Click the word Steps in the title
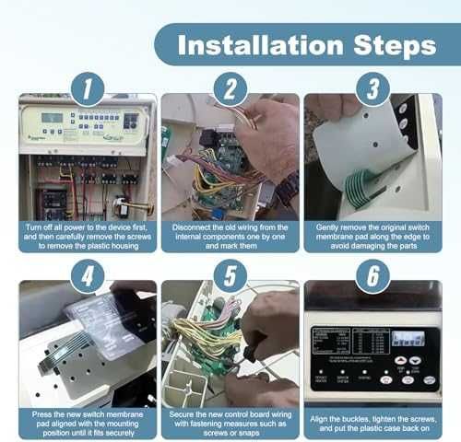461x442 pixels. (387, 44)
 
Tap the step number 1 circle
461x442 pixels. (87, 89)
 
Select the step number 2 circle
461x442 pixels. (230, 89)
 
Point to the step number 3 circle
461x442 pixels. (372, 89)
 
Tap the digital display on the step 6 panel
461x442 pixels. (406, 338)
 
